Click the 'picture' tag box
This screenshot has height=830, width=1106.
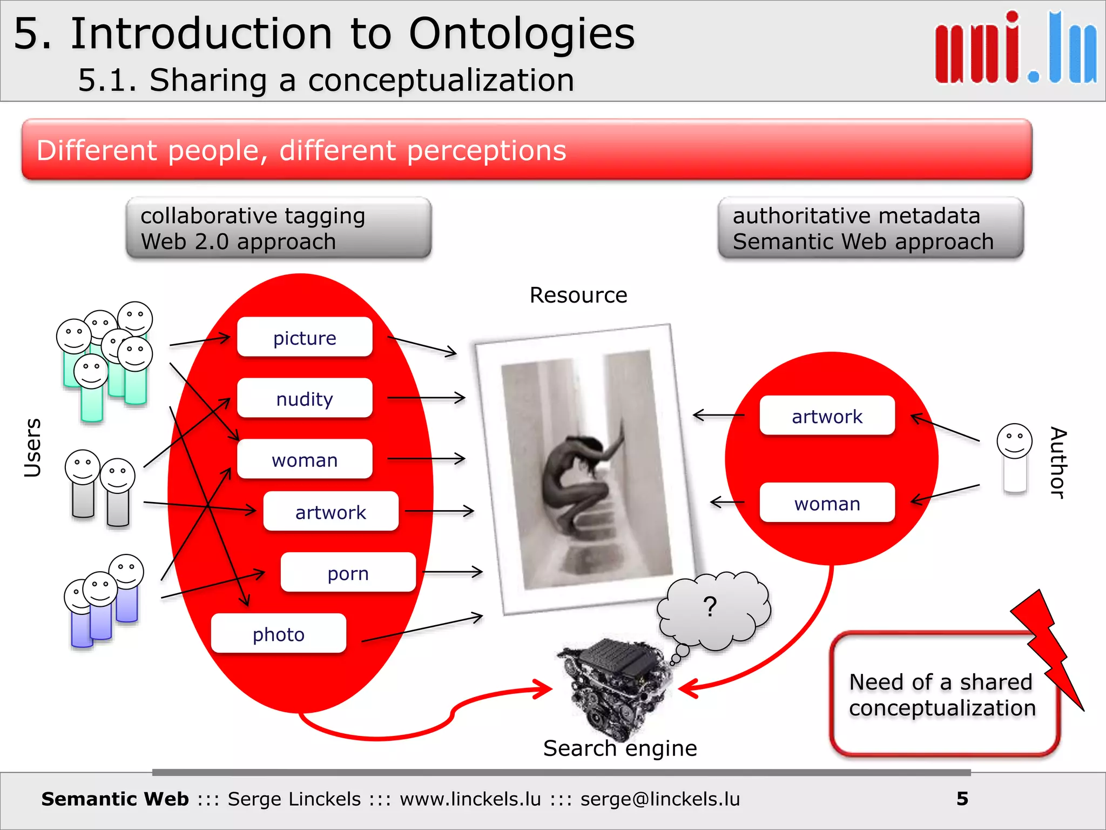pyautogui.click(x=305, y=338)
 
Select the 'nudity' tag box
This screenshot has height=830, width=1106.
pyautogui.click(x=305, y=399)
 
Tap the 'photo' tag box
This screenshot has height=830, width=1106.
pyautogui.click(x=279, y=634)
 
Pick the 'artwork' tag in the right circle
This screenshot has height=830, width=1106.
pyautogui.click(x=827, y=416)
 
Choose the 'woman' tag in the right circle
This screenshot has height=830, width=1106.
pyautogui.click(x=827, y=503)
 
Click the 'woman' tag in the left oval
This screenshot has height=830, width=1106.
pyautogui.click(x=305, y=460)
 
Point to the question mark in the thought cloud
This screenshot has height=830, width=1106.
pyautogui.click(x=710, y=607)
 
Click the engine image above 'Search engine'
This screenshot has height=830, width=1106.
pyautogui.click(x=616, y=686)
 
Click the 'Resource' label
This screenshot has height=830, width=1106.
pyautogui.click(x=578, y=295)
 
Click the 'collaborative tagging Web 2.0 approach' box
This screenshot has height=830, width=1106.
pyautogui.click(x=279, y=228)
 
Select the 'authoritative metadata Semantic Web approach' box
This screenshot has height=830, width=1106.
pyautogui.click(x=871, y=228)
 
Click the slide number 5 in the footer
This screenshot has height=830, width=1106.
pyautogui.click(x=962, y=799)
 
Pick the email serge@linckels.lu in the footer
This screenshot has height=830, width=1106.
pyautogui.click(x=660, y=799)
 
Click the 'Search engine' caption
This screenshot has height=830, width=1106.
pyautogui.click(x=620, y=748)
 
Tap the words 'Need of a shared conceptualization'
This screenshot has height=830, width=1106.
pyautogui.click(x=942, y=695)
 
